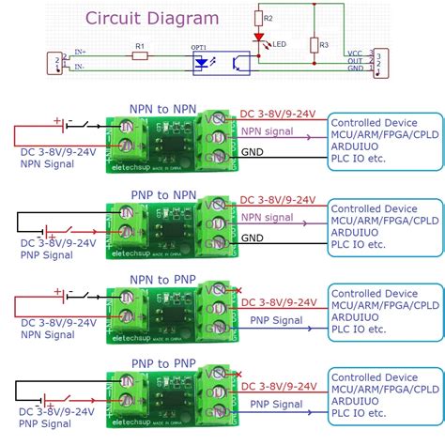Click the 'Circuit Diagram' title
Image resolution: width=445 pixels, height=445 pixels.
pyautogui.click(x=152, y=18)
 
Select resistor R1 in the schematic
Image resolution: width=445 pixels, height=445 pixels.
pyautogui.click(x=139, y=56)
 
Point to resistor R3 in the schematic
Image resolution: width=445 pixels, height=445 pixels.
pyautogui.click(x=314, y=44)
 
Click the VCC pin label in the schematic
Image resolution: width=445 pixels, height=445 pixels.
pyautogui.click(x=354, y=54)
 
